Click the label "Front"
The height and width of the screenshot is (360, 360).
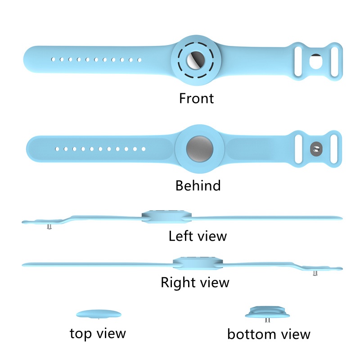(197, 98)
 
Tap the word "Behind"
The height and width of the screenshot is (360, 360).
(198, 185)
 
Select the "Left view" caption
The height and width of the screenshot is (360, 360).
(198, 235)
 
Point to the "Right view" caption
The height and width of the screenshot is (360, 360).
(195, 282)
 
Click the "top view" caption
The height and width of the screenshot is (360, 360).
(98, 333)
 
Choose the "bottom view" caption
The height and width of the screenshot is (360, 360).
(269, 334)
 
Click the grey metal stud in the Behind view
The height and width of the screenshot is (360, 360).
(317, 148)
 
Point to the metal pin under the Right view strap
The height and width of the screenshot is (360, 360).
(315, 273)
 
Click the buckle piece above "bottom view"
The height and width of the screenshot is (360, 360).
(269, 313)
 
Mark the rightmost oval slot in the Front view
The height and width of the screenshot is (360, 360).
(333, 60)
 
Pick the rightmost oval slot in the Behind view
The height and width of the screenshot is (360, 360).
(333, 148)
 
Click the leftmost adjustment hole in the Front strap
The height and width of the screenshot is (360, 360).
(53, 59)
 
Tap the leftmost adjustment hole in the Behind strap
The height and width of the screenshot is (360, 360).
(57, 148)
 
